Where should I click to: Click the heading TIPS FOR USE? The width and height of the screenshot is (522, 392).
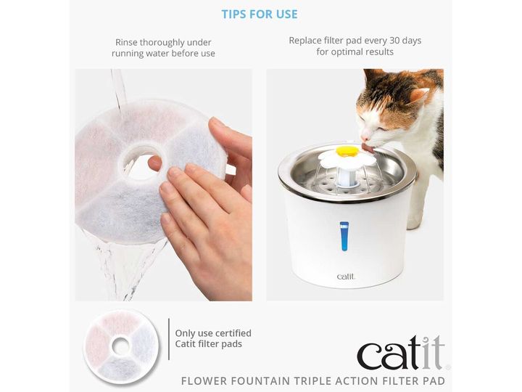click(260, 14)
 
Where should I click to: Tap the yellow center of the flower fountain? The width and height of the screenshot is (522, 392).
click(347, 151)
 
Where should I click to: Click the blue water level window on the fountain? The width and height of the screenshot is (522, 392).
click(344, 237)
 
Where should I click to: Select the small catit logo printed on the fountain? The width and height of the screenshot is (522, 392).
click(346, 277)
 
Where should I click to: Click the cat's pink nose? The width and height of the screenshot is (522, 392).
click(364, 137)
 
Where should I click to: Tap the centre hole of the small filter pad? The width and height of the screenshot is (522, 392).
click(121, 346)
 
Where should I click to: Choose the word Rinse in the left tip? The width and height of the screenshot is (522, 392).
click(126, 42)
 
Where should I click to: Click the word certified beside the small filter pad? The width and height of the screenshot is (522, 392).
click(232, 333)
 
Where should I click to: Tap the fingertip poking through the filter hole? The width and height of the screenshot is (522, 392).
click(154, 163)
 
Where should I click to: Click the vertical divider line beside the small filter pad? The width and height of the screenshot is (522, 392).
click(169, 339)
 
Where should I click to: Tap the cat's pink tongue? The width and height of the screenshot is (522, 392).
click(368, 148)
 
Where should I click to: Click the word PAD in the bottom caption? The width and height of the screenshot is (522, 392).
click(435, 380)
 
